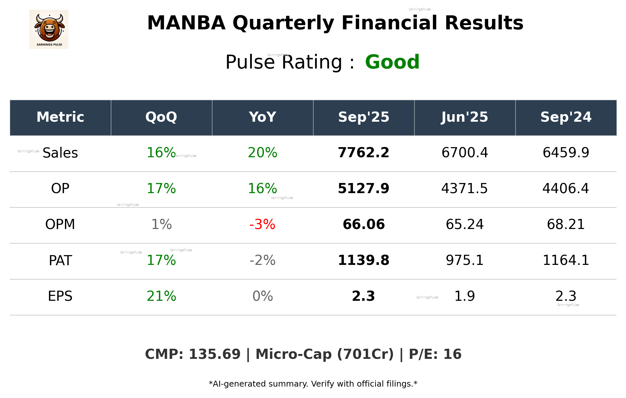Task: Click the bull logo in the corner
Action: point(49,29)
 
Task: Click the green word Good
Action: point(392,62)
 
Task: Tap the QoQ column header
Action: point(161,117)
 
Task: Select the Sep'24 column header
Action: point(566,117)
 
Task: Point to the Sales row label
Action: point(60,153)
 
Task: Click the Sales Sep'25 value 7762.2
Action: point(363,153)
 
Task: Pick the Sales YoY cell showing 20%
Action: point(262,153)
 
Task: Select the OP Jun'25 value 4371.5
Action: point(465,189)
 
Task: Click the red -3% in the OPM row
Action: point(262,224)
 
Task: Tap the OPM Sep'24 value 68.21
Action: point(566,224)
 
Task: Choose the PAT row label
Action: point(60,260)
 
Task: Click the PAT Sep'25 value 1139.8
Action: point(363,260)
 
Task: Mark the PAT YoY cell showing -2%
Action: point(262,260)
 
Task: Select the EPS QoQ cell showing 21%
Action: point(161,296)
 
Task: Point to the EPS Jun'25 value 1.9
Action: point(465,296)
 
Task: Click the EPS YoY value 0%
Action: point(262,296)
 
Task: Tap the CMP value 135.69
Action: point(214,354)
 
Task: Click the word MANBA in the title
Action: point(186,23)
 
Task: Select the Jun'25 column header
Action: point(465,117)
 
